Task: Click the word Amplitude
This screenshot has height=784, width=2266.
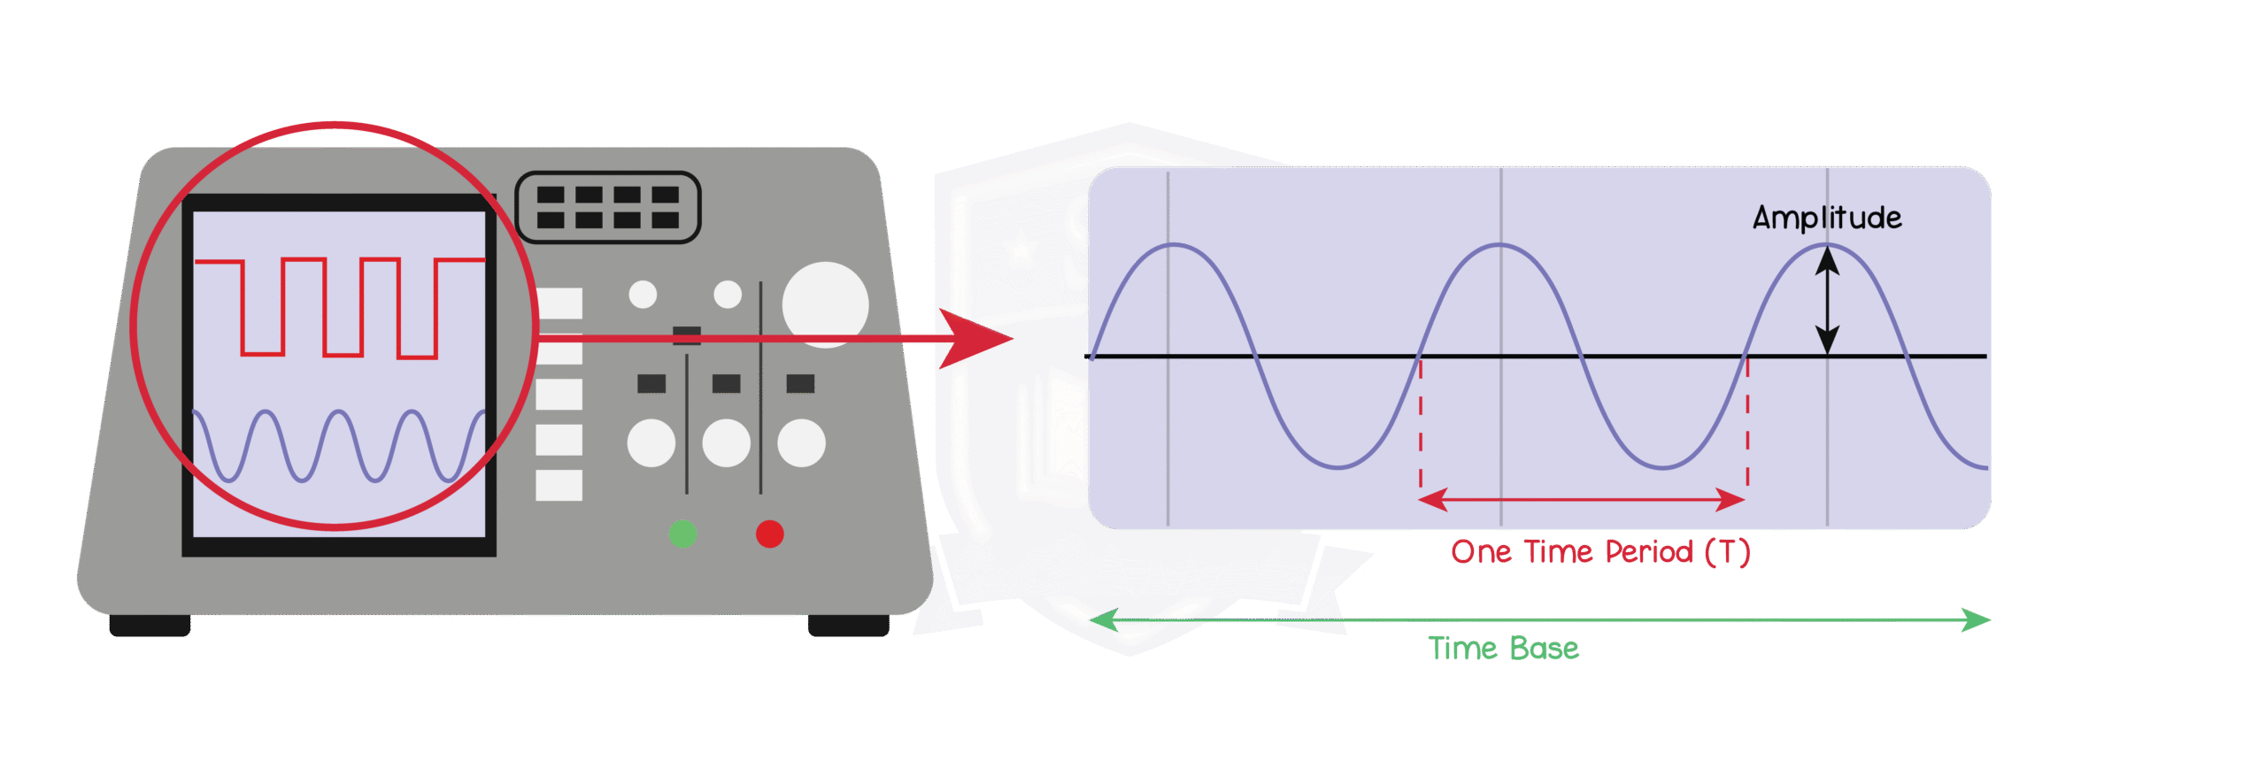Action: (x=1826, y=218)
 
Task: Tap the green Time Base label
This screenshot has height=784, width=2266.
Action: (x=1503, y=649)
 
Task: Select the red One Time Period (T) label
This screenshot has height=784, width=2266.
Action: (x=1600, y=552)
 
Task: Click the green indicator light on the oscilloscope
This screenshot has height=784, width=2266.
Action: (x=682, y=534)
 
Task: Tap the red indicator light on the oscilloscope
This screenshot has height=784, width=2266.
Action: (x=769, y=534)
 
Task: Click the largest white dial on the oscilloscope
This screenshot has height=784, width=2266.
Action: (x=825, y=304)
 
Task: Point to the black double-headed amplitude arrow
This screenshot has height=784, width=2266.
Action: (x=1827, y=300)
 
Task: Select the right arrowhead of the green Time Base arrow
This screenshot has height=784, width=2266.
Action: (x=1976, y=619)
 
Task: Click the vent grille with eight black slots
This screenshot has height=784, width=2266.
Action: (x=607, y=207)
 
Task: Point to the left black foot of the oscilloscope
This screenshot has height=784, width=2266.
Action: (x=149, y=626)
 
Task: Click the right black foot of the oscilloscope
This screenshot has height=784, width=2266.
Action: (x=848, y=626)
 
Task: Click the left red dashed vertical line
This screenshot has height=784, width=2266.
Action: (x=1421, y=425)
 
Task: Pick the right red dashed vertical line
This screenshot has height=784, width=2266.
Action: (x=1747, y=425)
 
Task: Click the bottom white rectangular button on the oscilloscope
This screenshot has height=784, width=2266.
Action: (x=559, y=485)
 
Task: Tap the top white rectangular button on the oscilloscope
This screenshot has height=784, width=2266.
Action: (x=559, y=304)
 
